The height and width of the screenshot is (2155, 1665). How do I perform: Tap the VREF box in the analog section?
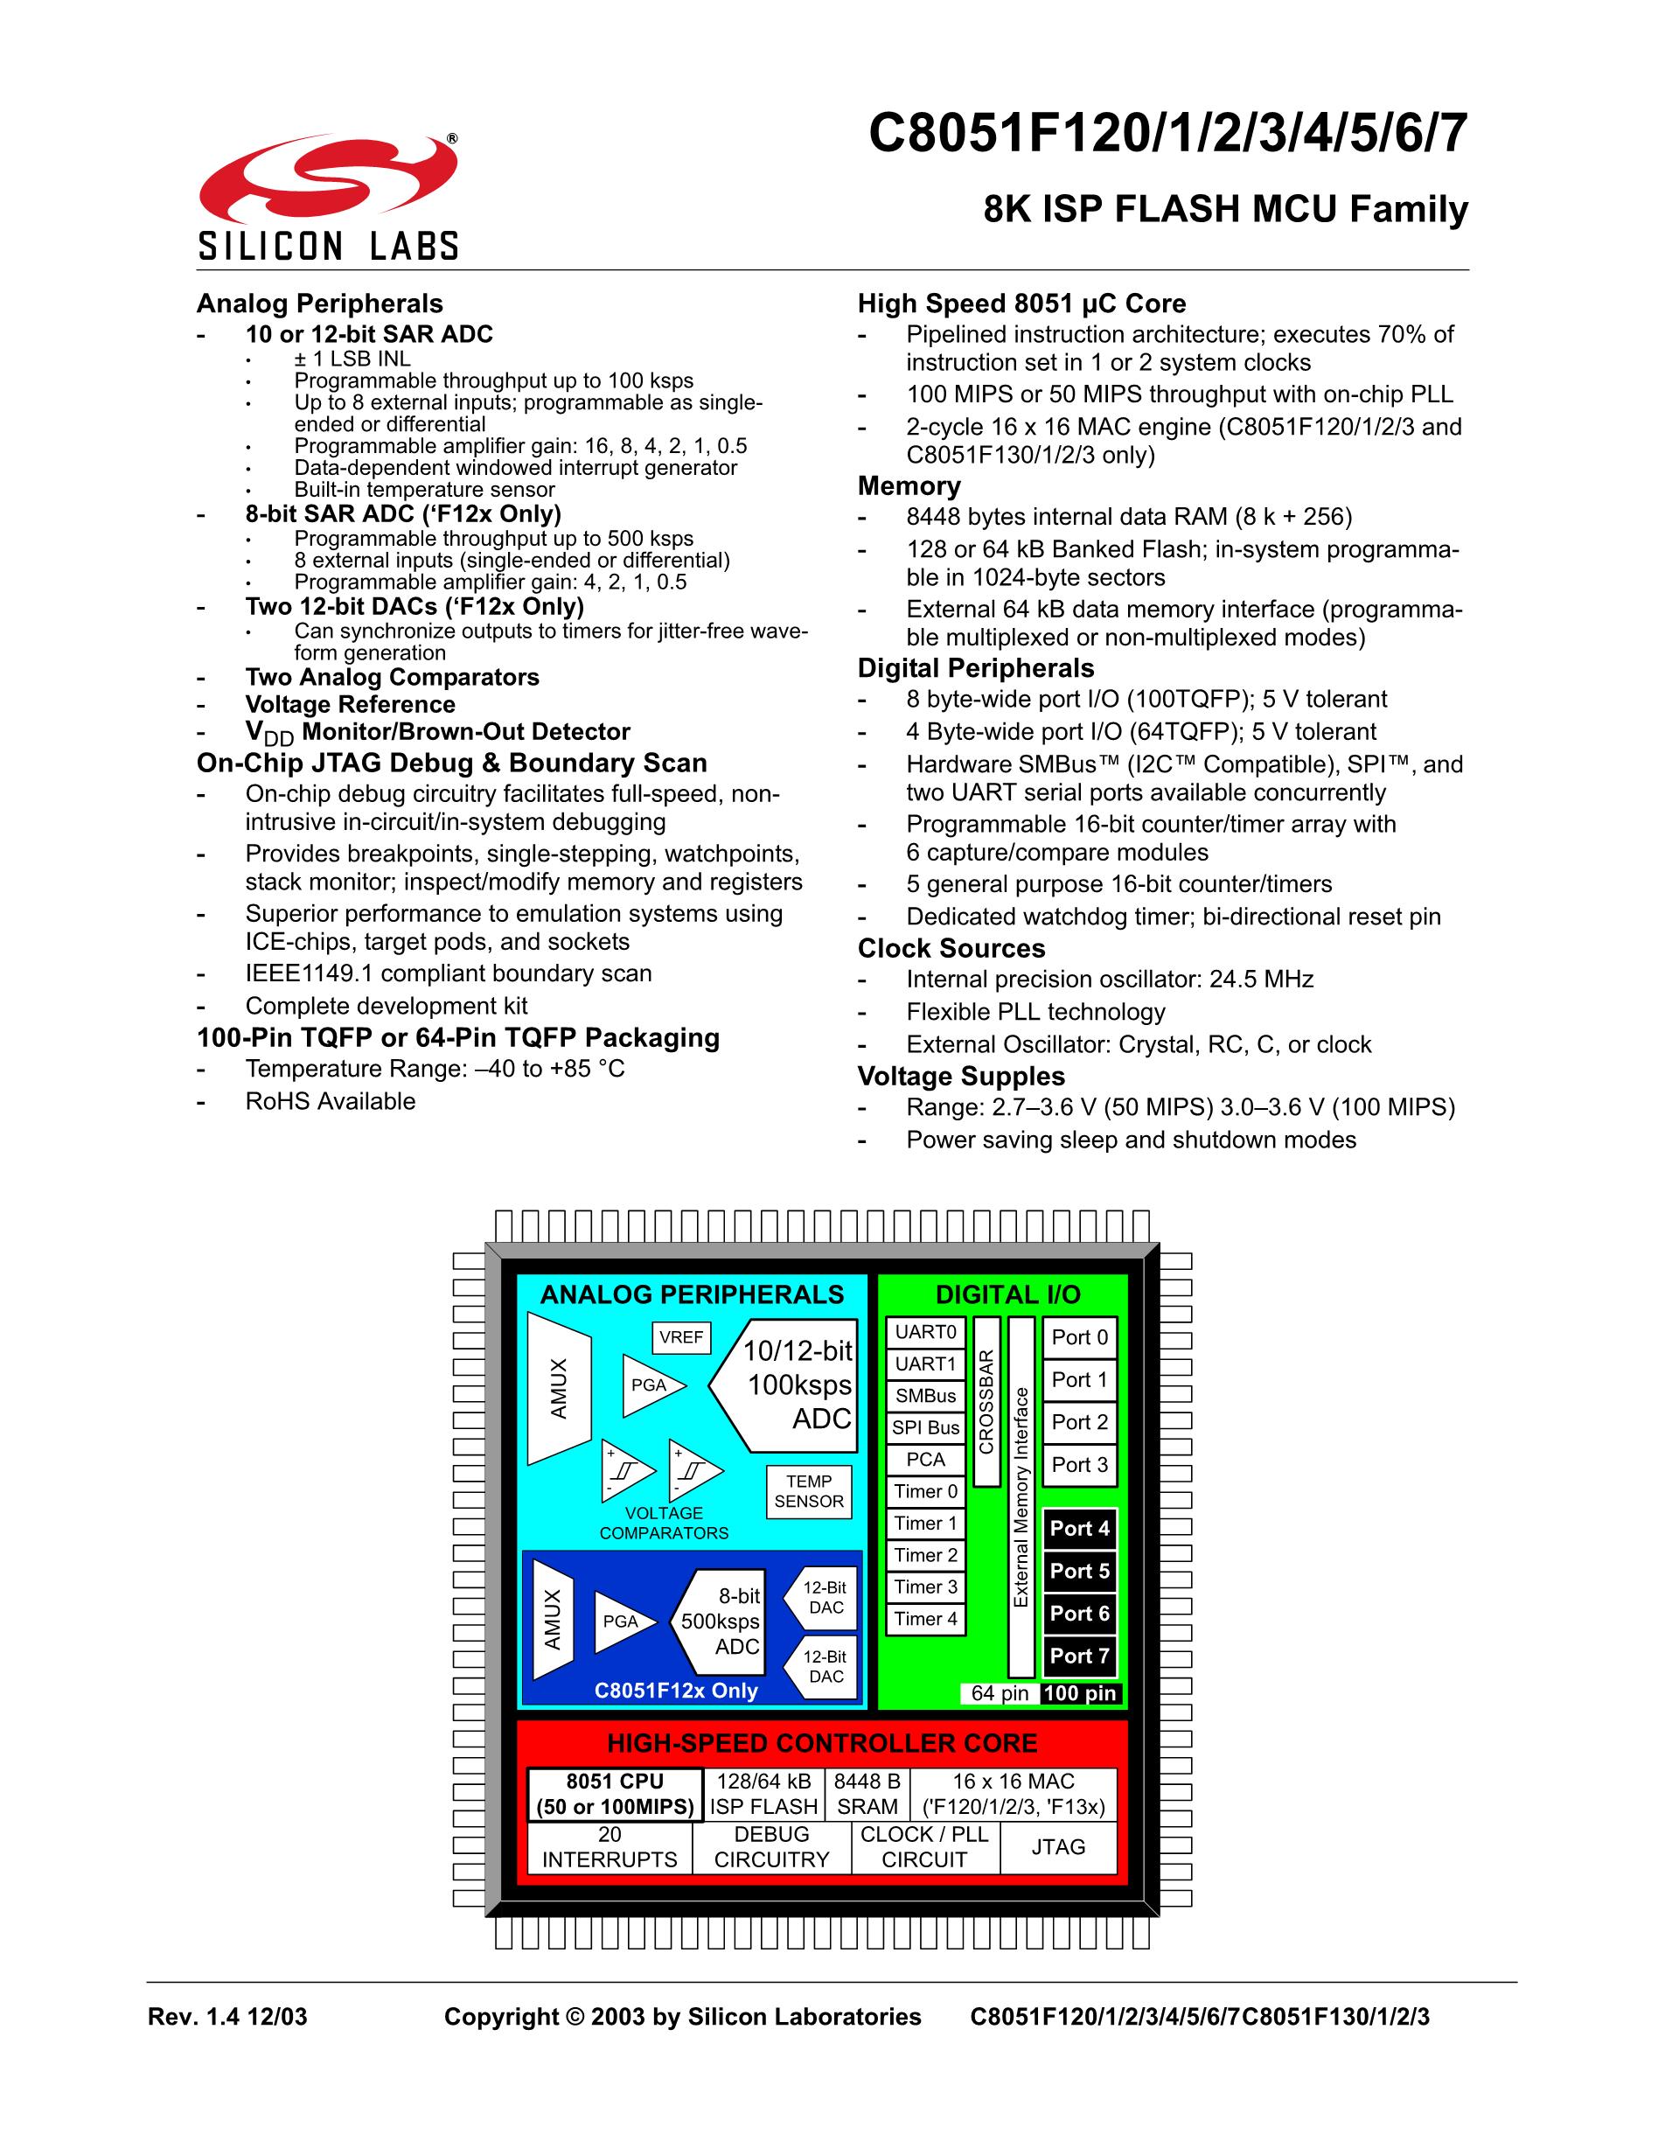tap(681, 1337)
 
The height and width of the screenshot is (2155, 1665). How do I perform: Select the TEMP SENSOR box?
tap(809, 1491)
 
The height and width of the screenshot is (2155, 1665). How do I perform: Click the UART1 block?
tap(925, 1363)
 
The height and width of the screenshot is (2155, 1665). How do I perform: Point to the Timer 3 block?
tap(925, 1587)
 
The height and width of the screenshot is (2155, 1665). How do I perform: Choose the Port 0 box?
tap(1079, 1337)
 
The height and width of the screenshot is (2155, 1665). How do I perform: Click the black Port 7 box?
tap(1079, 1656)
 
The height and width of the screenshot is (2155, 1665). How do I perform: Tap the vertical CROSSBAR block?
tap(986, 1401)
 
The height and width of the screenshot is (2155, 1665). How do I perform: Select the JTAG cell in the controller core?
tap(1058, 1847)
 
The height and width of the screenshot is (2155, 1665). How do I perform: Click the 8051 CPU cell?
tap(615, 1794)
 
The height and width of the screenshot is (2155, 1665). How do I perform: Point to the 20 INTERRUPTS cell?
tap(610, 1847)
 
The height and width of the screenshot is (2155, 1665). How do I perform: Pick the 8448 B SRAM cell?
tap(867, 1794)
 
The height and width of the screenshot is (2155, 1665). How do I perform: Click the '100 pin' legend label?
tap(1080, 1693)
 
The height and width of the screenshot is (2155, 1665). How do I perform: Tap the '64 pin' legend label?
tap(1000, 1693)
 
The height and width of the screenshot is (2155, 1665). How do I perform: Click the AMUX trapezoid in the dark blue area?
tap(553, 1619)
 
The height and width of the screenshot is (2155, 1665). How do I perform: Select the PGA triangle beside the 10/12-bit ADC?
tap(646, 1384)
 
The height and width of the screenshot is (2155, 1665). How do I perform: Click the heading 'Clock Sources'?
tap(951, 948)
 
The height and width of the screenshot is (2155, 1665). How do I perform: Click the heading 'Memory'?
tap(909, 485)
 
